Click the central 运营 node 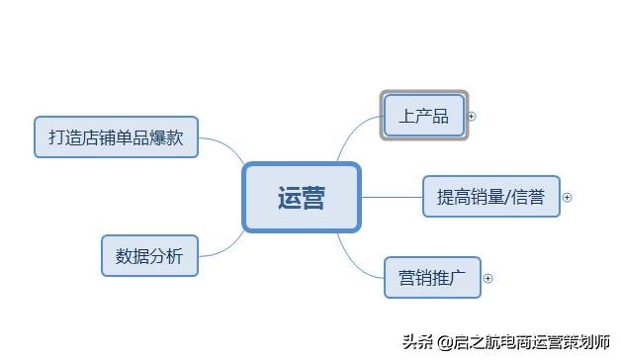point(302,198)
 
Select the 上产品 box point(424,117)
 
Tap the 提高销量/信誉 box point(491,197)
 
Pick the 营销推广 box point(432,277)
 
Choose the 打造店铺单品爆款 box point(116,137)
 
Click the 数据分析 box point(149,256)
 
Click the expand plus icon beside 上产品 point(472,116)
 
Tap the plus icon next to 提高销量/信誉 point(568,197)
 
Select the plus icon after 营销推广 point(487,278)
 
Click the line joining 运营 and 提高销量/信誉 point(392,197)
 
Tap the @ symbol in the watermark point(445,342)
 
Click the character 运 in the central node point(289,198)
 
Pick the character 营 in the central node point(313,198)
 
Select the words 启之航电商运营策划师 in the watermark point(531,342)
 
